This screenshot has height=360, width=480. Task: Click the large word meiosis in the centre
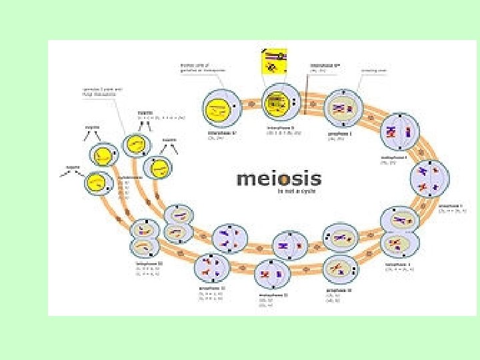tap(279, 179)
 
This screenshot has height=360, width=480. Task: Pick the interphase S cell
tap(281, 103)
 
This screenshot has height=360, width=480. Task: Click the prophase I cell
tap(343, 108)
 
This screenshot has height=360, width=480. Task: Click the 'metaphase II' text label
tap(273, 294)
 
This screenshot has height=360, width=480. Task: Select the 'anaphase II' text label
tap(213, 288)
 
